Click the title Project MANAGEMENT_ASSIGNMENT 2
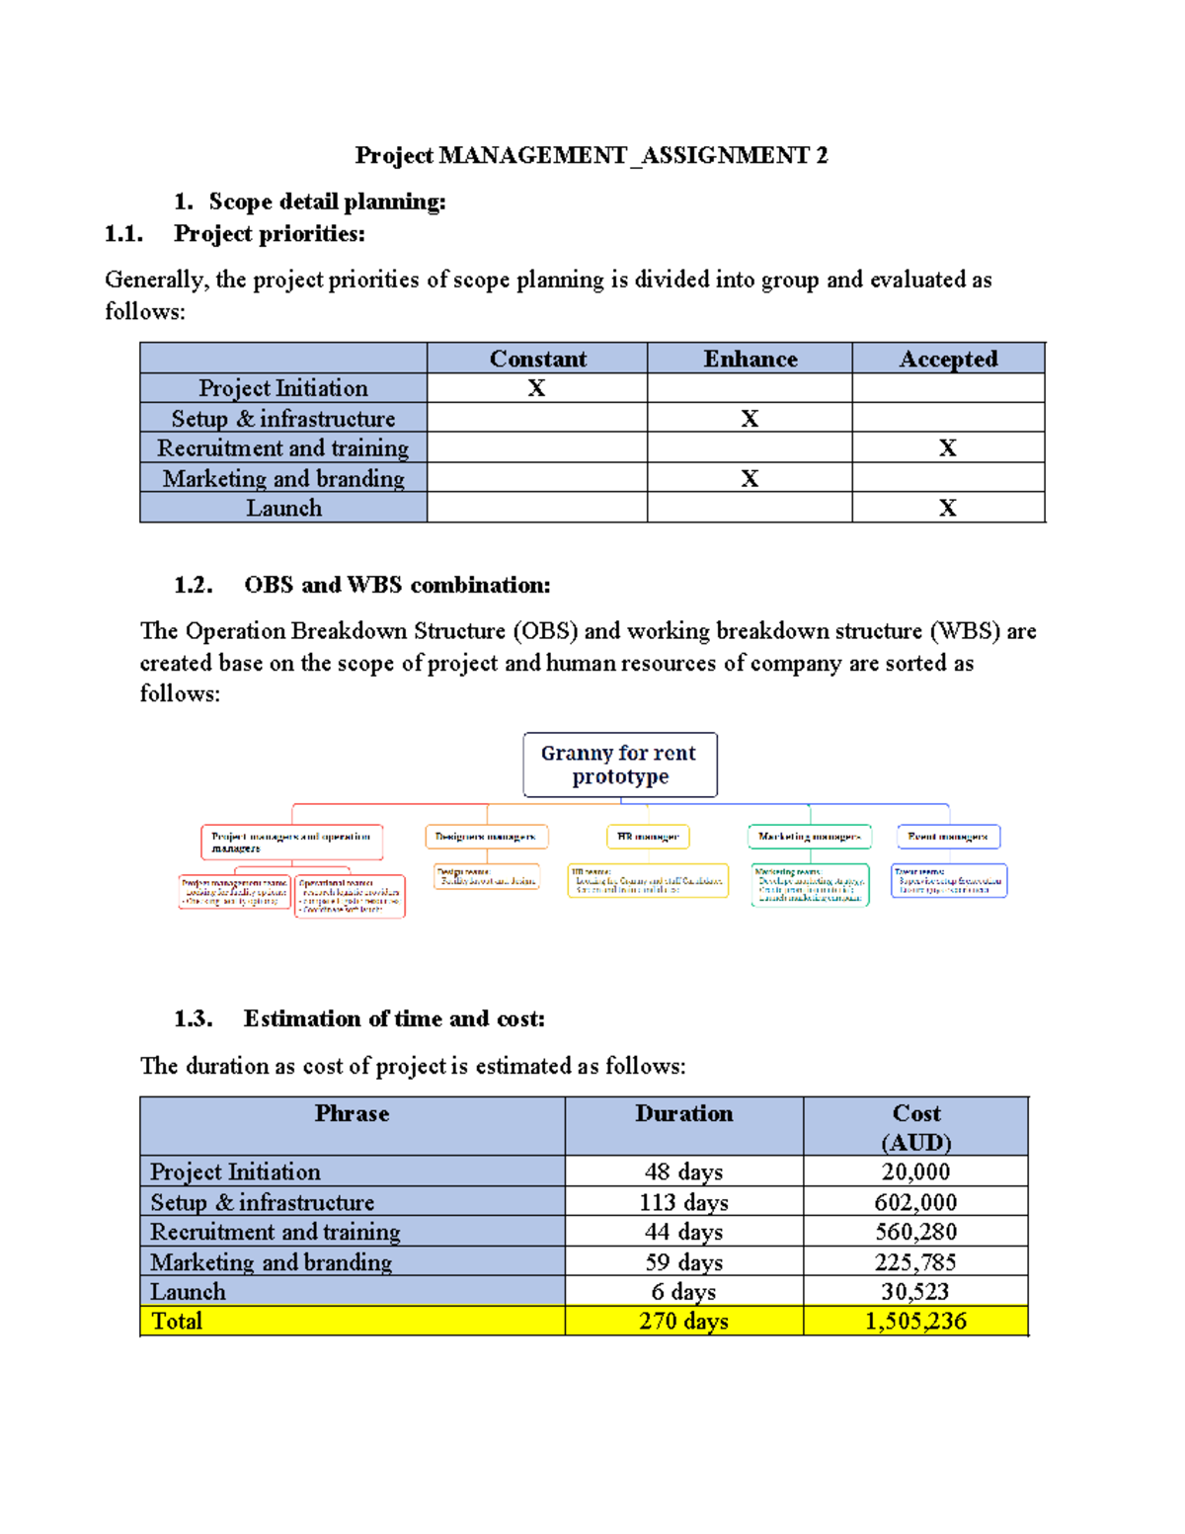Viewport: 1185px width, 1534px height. pos(591,155)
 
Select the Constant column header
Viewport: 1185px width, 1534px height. pos(537,359)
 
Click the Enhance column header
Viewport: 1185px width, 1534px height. pos(750,359)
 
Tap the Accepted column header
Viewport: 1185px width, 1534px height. pos(948,359)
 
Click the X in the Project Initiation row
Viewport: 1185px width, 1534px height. pos(536,388)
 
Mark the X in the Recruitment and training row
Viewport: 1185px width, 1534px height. pos(947,448)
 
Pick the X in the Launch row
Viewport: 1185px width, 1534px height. pos(947,508)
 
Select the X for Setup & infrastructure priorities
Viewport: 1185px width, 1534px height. pos(750,419)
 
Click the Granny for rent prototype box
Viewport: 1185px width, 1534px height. pos(619,765)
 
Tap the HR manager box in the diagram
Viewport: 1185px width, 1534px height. pos(648,837)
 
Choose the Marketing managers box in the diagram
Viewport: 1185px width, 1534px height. pos(809,837)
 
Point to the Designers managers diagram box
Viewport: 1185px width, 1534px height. pos(486,837)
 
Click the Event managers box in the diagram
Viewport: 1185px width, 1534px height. pos(948,837)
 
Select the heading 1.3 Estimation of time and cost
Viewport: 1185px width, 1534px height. pos(359,1018)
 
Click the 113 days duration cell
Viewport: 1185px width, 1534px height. pos(683,1202)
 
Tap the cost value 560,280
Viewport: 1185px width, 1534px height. pos(915,1232)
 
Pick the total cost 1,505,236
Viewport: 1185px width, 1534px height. pos(915,1321)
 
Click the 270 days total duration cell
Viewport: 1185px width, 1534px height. pos(683,1321)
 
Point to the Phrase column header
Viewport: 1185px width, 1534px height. pos(352,1114)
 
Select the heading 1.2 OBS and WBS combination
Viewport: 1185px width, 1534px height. pos(361,585)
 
